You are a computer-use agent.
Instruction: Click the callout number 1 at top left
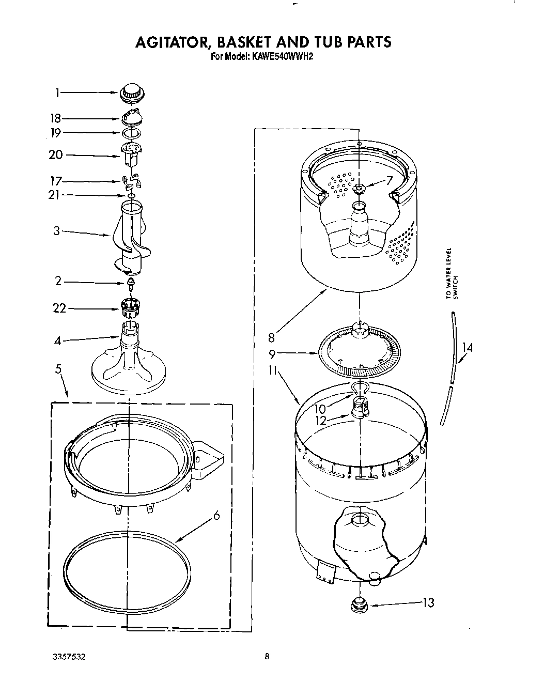pos(58,93)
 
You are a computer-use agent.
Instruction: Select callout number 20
pos(55,155)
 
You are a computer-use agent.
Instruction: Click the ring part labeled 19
pos(132,133)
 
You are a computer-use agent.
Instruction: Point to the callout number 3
pos(57,231)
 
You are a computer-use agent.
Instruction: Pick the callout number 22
pos(59,308)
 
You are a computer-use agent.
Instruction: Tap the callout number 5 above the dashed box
pos(58,369)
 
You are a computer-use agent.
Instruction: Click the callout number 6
pos(216,515)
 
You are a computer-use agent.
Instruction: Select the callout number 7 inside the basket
pos(389,180)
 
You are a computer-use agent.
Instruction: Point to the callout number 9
pos(272,354)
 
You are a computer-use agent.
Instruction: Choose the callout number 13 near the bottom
pos(428,602)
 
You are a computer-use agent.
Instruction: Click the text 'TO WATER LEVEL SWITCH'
pos(452,274)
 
